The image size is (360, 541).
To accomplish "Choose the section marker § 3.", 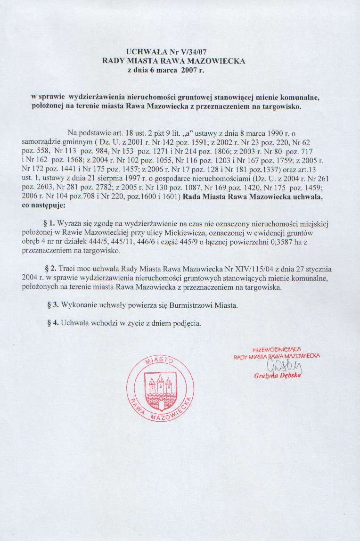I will tap(52, 305).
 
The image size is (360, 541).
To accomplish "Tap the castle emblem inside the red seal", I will tap(160, 384).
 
